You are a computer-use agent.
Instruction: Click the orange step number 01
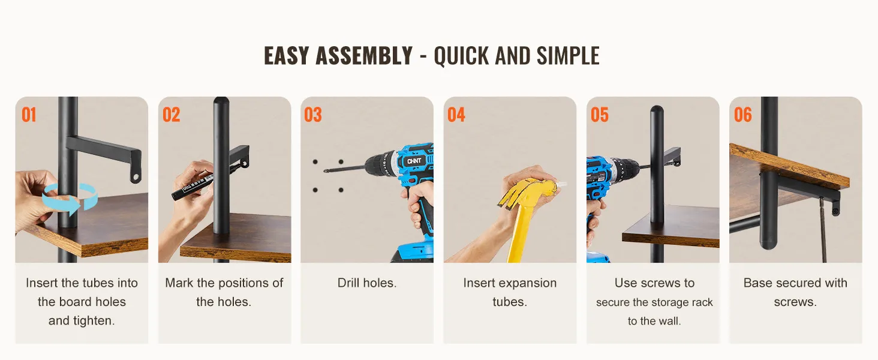(29, 115)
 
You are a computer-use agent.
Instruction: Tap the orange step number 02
(172, 115)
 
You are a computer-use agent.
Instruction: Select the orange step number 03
(313, 115)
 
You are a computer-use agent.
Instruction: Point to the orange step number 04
(456, 115)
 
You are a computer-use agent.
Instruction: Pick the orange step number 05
(600, 115)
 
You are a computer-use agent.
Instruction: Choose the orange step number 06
(743, 115)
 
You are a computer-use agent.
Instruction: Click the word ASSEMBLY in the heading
(364, 56)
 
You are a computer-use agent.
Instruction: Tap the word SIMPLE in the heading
(568, 56)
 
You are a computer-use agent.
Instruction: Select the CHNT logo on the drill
(414, 161)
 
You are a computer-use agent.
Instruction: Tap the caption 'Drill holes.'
(367, 283)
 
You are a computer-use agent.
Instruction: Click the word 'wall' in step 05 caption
(670, 321)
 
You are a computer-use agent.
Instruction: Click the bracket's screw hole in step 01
(135, 178)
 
